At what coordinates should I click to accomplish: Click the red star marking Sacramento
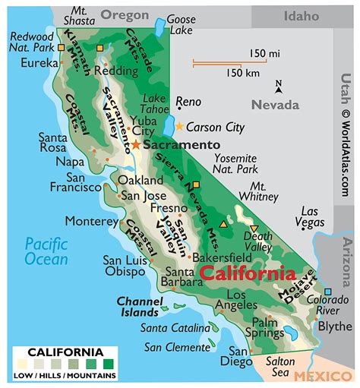coord(136,144)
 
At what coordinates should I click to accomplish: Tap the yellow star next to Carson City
coord(179,127)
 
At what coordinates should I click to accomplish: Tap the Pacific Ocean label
coord(46,251)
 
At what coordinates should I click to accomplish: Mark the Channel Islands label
coord(141,305)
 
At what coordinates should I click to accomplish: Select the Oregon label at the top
coord(125,15)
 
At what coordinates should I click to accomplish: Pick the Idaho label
coord(302,16)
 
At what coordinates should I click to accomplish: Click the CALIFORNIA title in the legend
coord(65,352)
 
